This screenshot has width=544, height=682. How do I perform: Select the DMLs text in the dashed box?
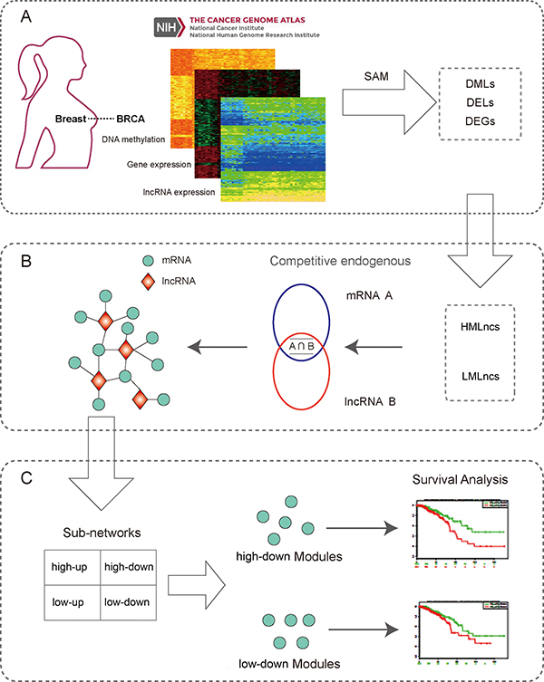(470, 82)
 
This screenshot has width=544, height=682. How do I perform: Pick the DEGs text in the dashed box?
(470, 125)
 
